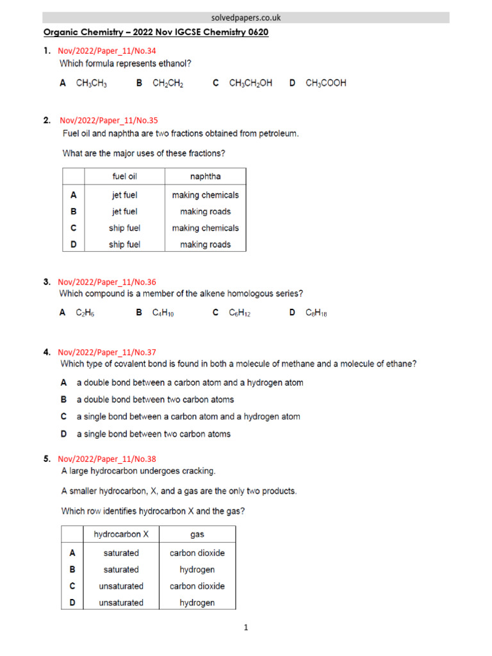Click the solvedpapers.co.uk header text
pos(246,18)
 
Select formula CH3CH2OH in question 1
pos(250,83)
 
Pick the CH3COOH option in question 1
pos(326,83)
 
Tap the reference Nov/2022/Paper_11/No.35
pos(108,120)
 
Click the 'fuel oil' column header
pos(124,176)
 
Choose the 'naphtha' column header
pos(205,176)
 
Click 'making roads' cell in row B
pos(205,211)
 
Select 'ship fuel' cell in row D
pos(124,244)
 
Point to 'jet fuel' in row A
pos(124,195)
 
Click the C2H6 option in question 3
pos(85,313)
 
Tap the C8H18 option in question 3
pos(316,313)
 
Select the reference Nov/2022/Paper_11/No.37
pos(107,352)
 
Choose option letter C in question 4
pos(64,416)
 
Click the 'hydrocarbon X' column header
pos(121,534)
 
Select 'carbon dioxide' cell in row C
pos(197,586)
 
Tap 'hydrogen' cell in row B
pos(197,569)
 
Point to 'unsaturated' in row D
pos(121,602)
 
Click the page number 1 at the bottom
pos(245,628)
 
